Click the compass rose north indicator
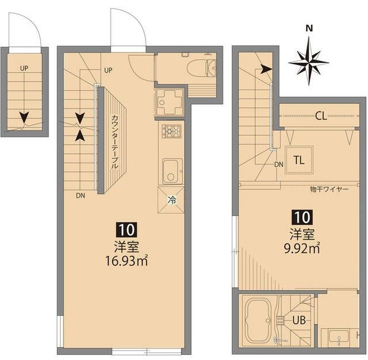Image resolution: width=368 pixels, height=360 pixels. click(309, 62)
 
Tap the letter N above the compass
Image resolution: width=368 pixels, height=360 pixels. click(309, 28)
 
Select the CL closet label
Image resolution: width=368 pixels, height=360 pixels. click(321, 116)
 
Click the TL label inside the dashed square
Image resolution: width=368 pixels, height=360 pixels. click(299, 160)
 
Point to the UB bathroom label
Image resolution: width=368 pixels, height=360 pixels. click(299, 320)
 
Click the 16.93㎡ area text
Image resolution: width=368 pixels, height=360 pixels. click(127, 261)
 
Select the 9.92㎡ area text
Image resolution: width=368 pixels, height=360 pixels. click(302, 248)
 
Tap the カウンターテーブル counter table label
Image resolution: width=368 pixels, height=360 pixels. click(114, 142)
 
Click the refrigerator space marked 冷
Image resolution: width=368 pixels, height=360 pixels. click(171, 200)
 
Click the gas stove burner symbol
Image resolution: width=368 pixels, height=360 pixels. click(172, 131)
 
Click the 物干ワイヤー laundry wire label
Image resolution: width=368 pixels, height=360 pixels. click(329, 189)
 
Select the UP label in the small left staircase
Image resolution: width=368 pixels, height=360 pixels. click(24, 69)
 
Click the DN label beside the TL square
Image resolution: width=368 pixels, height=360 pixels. click(279, 165)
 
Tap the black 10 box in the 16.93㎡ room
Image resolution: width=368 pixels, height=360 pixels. click(127, 230)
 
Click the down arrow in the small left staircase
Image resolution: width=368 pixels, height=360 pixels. click(24, 117)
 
